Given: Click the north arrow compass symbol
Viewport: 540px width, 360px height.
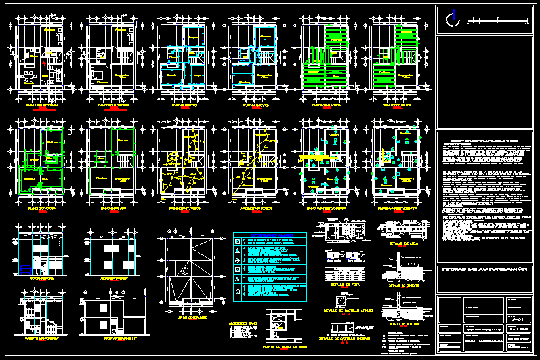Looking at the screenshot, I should click(449, 21).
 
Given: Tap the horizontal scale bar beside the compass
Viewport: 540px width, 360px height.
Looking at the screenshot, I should click(499, 22).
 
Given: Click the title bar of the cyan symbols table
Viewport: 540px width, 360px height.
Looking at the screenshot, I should click(270, 236).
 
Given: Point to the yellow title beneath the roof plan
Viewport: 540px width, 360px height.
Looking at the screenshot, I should click(192, 317).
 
